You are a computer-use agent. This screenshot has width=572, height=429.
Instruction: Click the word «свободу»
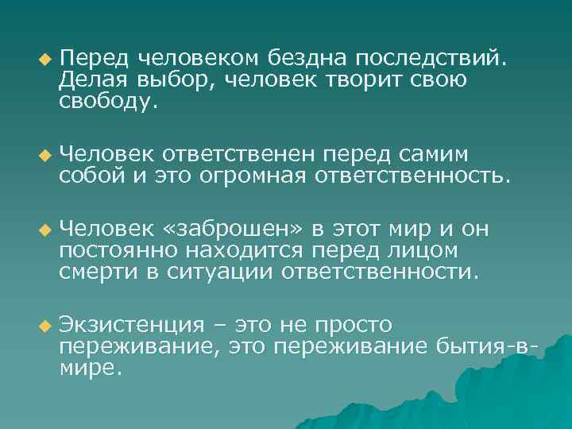click(x=103, y=101)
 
